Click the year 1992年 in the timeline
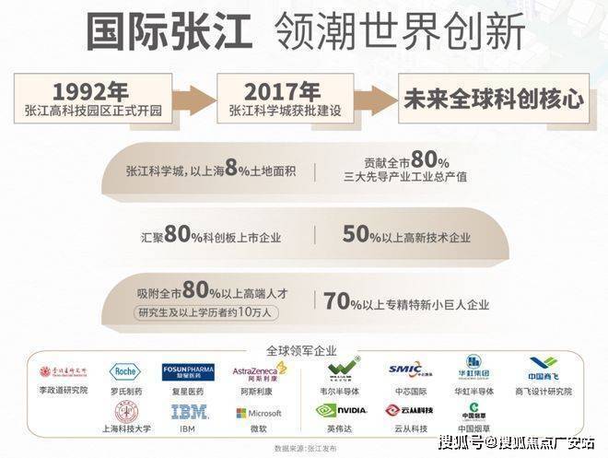pos(91,92)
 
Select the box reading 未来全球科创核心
pos(493,100)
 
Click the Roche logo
pos(126,371)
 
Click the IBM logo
pos(188,413)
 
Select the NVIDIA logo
pos(342,411)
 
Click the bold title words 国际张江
pos(168,30)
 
